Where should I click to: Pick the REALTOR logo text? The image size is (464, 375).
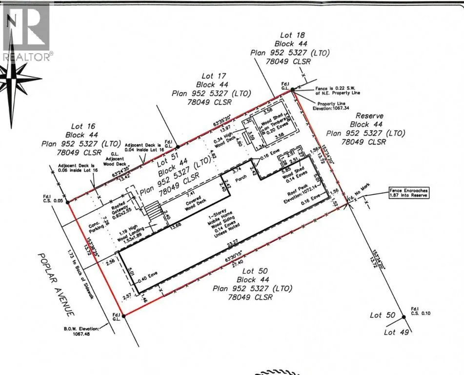point(27,57)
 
